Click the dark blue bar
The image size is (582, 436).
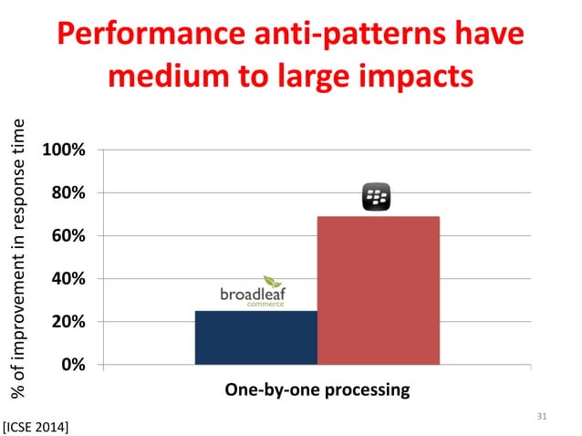coord(255,337)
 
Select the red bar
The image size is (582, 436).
coord(378,290)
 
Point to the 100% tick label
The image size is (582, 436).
coord(62,150)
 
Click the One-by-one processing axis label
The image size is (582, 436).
coord(317,390)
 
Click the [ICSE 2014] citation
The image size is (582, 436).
coord(37,424)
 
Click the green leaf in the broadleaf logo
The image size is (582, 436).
coord(273,281)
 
